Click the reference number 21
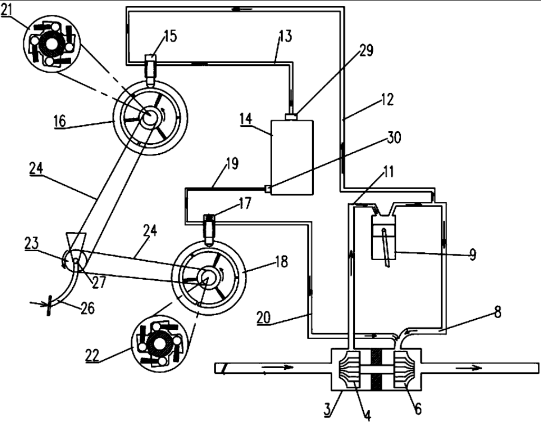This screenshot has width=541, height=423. point(6,10)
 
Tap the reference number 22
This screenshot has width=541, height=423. point(93,355)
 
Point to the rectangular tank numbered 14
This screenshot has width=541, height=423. point(292,158)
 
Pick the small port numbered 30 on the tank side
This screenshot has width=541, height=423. point(268,189)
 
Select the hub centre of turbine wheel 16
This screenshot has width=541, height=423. point(150,115)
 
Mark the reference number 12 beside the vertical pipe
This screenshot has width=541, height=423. point(387,100)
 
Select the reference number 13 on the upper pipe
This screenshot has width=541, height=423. point(285,36)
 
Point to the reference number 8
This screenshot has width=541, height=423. point(497,312)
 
